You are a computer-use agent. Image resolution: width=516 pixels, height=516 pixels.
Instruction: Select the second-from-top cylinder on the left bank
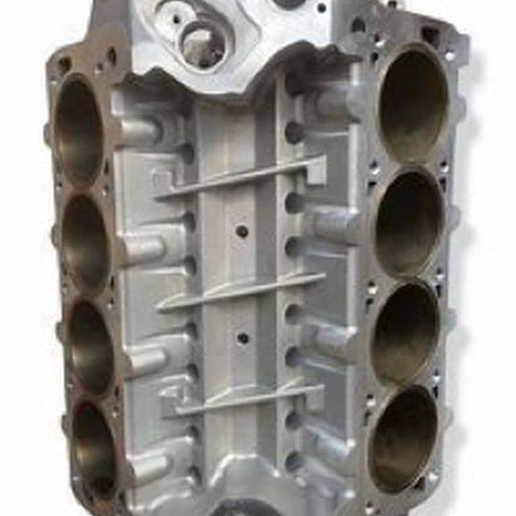[86, 242]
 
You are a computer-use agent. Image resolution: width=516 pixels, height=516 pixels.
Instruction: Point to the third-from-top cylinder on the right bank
[405, 333]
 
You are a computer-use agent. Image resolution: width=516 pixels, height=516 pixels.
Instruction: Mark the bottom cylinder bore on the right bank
[403, 438]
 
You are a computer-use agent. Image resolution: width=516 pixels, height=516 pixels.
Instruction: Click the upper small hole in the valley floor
[242, 231]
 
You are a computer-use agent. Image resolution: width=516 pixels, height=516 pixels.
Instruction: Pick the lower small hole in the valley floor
[243, 338]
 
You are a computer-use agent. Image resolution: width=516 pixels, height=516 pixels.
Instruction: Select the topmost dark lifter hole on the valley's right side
[294, 132]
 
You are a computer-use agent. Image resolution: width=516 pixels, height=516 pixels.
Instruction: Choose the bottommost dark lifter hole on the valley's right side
[294, 461]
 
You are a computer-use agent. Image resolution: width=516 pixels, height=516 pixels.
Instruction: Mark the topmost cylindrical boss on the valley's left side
[140, 131]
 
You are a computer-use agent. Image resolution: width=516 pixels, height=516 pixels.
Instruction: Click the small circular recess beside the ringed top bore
[173, 15]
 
